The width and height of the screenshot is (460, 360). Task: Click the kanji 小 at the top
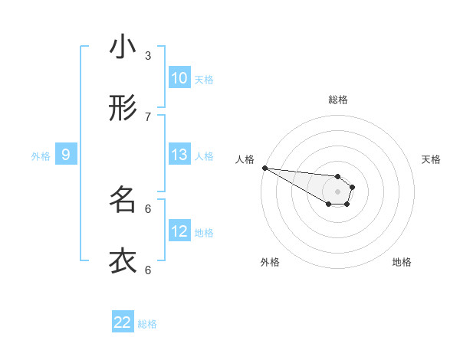pyautogui.click(x=123, y=47)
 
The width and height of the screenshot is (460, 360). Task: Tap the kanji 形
pyautogui.click(x=123, y=109)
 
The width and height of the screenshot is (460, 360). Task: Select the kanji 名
pyautogui.click(x=123, y=201)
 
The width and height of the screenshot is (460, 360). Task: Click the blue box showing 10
pyautogui.click(x=179, y=78)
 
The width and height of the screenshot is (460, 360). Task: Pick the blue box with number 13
pyautogui.click(x=179, y=155)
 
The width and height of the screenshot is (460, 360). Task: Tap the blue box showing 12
pyautogui.click(x=179, y=231)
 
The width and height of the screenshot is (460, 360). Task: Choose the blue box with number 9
pyautogui.click(x=66, y=155)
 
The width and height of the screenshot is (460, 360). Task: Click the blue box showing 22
pyautogui.click(x=123, y=322)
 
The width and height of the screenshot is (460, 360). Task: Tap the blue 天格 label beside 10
pyautogui.click(x=204, y=79)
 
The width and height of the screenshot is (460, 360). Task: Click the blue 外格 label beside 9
pyautogui.click(x=41, y=156)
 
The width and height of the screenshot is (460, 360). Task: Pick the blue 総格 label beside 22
pyautogui.click(x=147, y=324)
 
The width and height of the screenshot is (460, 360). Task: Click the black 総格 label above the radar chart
pyautogui.click(x=338, y=100)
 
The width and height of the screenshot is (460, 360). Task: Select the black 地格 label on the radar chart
pyautogui.click(x=402, y=262)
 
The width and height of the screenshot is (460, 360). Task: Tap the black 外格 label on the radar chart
pyautogui.click(x=270, y=262)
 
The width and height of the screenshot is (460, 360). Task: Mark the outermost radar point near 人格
pyautogui.click(x=264, y=168)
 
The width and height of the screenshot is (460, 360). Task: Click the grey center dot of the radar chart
pyautogui.click(x=337, y=191)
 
